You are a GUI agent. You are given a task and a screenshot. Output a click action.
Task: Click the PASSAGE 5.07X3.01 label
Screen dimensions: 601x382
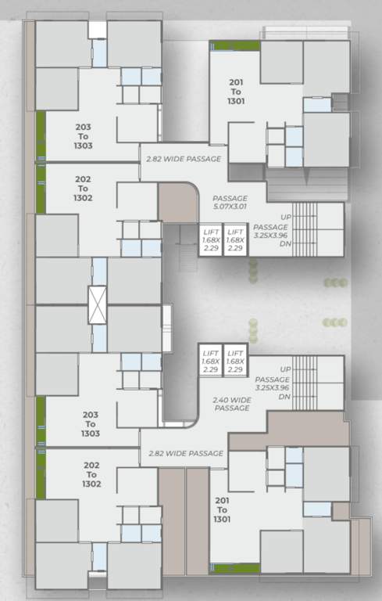pyautogui.click(x=230, y=203)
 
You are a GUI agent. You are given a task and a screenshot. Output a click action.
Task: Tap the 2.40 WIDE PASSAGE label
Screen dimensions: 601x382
pyautogui.click(x=232, y=404)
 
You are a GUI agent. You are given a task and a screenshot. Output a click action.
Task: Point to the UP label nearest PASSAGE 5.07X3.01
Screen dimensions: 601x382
pyautogui.click(x=285, y=217)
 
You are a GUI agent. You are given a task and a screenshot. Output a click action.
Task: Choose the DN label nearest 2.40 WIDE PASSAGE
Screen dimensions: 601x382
pyautogui.click(x=284, y=397)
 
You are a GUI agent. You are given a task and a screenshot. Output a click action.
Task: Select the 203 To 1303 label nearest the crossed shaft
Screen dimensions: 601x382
pyautogui.click(x=91, y=423)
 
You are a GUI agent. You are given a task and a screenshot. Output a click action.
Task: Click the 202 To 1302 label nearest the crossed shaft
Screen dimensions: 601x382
pyautogui.click(x=83, y=189)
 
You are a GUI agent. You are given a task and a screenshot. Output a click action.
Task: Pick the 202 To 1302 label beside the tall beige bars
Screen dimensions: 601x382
pyautogui.click(x=91, y=474)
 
